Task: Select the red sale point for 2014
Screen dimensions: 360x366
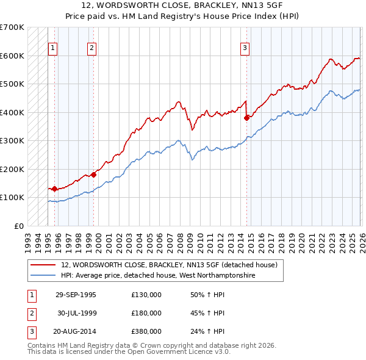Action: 247,118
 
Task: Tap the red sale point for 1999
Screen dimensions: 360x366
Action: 94,175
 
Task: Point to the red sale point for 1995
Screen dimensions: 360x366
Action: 55,189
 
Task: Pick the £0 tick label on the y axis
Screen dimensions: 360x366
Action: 18,226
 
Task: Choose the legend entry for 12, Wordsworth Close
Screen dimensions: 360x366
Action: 169,265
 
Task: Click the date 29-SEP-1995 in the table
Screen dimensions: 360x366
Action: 76,295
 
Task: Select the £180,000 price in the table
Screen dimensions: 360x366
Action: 146,313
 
